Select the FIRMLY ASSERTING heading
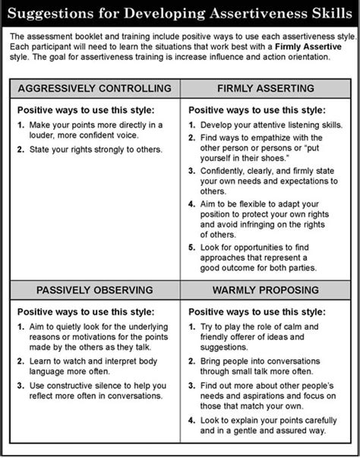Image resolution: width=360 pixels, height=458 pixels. point(266,88)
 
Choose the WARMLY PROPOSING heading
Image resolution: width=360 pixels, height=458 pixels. point(266,289)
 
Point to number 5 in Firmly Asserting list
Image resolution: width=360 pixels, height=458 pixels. point(192,248)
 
